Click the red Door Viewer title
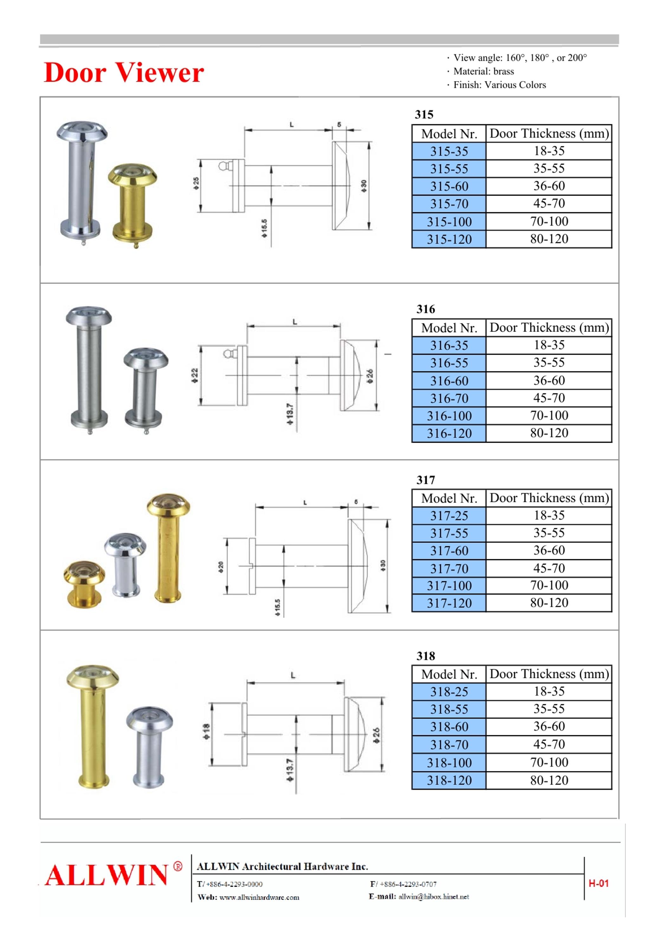(x=124, y=73)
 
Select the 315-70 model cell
(x=449, y=204)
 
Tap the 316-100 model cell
(x=449, y=415)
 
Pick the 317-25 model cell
(x=449, y=516)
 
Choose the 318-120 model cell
(x=449, y=780)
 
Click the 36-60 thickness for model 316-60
(x=549, y=380)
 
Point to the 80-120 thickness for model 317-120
(x=549, y=603)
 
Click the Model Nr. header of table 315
(x=449, y=134)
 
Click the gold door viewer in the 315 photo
(x=132, y=204)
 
